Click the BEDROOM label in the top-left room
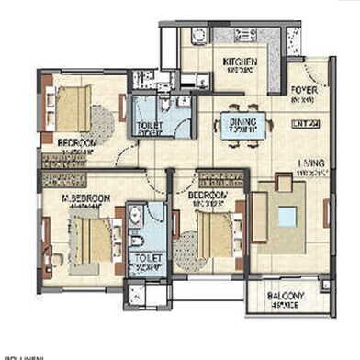[x=77, y=144]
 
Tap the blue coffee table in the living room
[x=288, y=218]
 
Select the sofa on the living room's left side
[x=261, y=217]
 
